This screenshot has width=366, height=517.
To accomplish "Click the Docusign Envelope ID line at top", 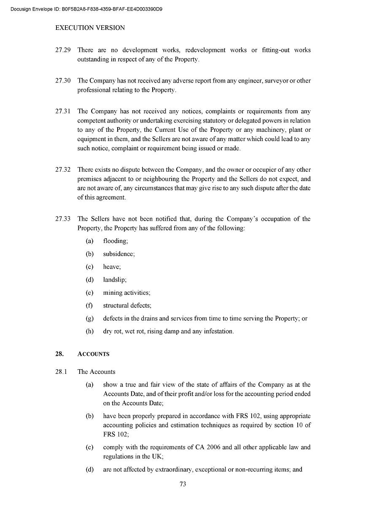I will point(86,8).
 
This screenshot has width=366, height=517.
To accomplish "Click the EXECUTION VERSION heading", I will point(90,28).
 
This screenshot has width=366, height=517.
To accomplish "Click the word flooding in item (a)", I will point(115,241).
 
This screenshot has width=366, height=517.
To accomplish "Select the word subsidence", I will point(118,254).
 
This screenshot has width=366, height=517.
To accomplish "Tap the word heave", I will point(111,267).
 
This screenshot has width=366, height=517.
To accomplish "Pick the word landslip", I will point(114,280).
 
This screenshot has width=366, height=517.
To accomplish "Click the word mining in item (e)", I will point(113,293).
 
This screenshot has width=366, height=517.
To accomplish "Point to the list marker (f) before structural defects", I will point(89,305).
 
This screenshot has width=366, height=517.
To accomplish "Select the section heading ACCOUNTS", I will point(93,354).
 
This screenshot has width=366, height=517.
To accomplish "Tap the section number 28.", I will point(59,354).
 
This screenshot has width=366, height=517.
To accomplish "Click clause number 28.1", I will point(61,372).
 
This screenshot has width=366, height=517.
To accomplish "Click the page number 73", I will point(183,484).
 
